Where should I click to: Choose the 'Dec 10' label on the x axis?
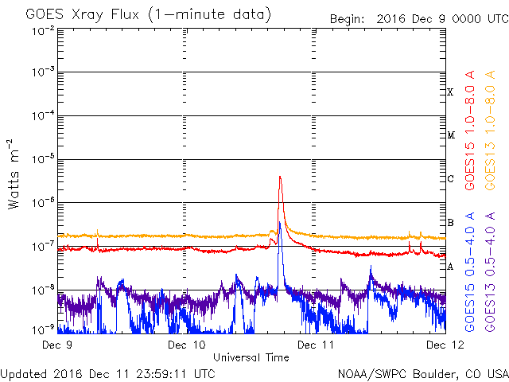[x=188, y=345]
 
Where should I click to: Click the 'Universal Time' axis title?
[x=251, y=357]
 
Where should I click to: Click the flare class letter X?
[x=450, y=92]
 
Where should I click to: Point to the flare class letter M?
[x=450, y=135]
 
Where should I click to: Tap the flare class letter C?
[x=450, y=178]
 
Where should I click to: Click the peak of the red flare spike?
[x=280, y=177]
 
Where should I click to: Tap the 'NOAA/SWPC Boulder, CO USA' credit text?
[x=422, y=373]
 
